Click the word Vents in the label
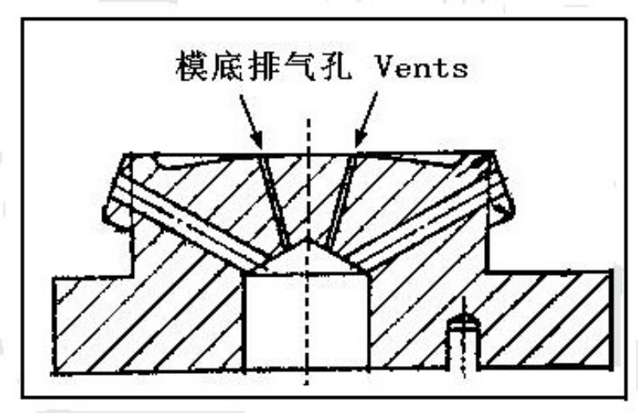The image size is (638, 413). (422, 67)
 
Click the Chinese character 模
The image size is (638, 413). (192, 66)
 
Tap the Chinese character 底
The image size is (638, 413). (227, 66)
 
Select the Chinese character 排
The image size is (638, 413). (262, 66)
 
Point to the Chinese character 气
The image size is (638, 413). (297, 66)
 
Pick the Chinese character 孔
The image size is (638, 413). (333, 66)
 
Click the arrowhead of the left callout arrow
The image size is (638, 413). (257, 140)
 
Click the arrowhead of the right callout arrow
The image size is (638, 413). (360, 140)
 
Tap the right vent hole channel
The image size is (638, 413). (341, 202)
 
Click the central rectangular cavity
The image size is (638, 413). (306, 321)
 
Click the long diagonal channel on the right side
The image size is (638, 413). (419, 220)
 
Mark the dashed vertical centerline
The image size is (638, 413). (308, 251)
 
